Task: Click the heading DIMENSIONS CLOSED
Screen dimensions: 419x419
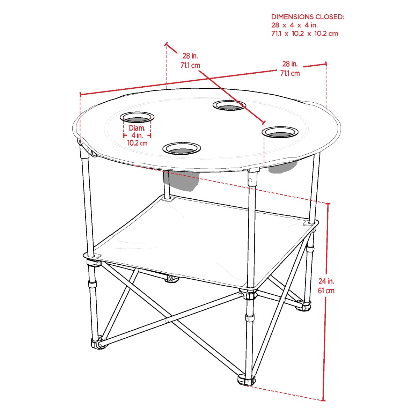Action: (308, 17)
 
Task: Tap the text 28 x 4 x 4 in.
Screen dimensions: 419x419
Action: (294, 25)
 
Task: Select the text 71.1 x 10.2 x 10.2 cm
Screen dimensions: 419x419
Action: (304, 34)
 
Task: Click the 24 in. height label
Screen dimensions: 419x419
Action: (326, 281)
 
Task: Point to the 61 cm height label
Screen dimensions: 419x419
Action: (326, 291)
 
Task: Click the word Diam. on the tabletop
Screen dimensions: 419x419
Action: (137, 128)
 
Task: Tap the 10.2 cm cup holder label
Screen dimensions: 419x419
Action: (137, 143)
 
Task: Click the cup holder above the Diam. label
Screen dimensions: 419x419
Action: (137, 117)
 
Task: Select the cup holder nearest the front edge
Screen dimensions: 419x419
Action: (182, 148)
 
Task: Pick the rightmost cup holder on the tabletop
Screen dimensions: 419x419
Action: (280, 132)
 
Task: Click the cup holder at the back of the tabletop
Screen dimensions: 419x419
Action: (229, 105)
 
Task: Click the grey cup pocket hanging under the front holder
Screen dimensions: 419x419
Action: (181, 181)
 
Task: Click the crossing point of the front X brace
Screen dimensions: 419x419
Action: (167, 321)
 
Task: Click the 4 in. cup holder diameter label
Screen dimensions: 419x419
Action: (137, 135)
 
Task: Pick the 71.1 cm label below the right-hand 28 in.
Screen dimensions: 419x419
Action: (290, 73)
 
